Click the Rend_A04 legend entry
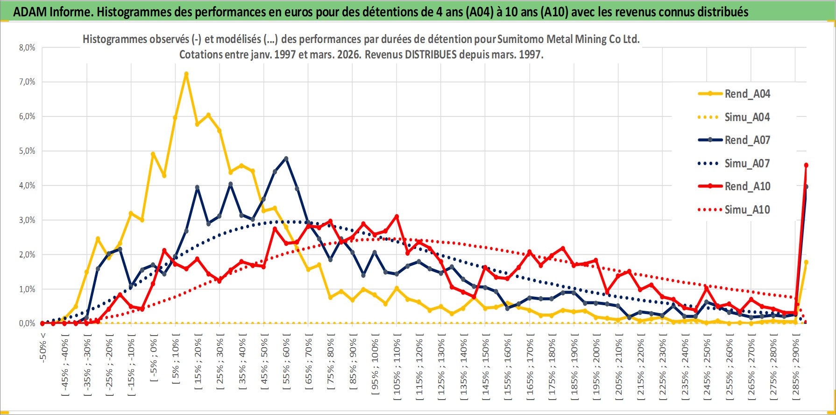(747, 94)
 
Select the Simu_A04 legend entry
(747, 117)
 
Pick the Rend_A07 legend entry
(747, 140)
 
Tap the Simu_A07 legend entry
(747, 164)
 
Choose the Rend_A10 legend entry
(747, 186)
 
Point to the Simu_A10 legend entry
(747, 210)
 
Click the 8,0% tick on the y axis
(27, 48)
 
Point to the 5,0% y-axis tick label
(27, 151)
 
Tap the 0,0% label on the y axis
(27, 323)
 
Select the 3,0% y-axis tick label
(27, 220)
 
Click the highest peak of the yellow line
(186, 74)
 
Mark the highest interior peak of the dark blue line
(286, 158)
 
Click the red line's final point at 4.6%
(806, 165)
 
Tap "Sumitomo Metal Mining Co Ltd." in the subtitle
(568, 39)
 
